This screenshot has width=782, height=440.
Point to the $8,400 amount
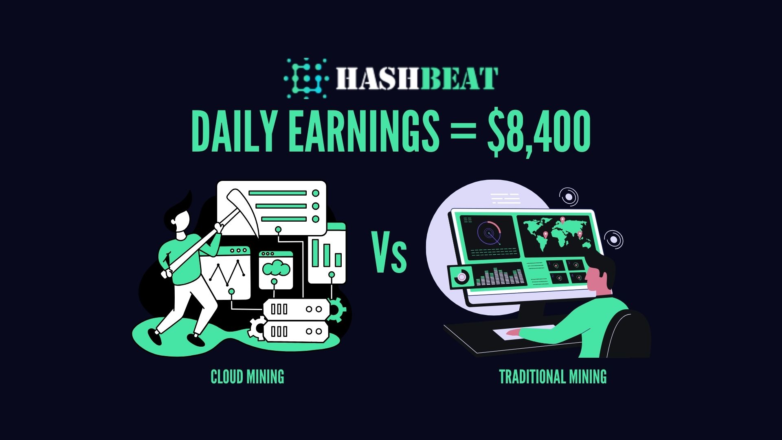pos(539,132)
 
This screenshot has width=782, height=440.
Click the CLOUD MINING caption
pos(247,377)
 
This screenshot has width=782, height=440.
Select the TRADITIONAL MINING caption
pos(553,377)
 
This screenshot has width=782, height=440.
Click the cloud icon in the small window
pos(276,269)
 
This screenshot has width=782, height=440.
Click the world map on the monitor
pos(556,234)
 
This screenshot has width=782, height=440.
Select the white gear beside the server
pos(257,328)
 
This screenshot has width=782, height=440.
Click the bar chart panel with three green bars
pos(327,253)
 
